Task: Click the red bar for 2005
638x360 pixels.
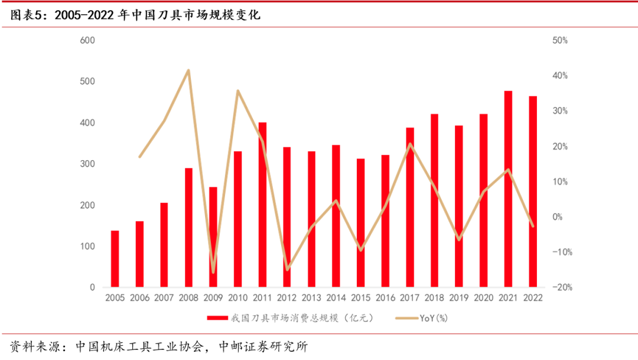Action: (115, 259)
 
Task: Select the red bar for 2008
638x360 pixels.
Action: (188, 228)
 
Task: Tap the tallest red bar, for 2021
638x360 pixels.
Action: (508, 189)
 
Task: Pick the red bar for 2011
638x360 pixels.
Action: (262, 205)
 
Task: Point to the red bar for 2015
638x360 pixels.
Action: (360, 223)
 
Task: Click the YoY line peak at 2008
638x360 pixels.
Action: (188, 70)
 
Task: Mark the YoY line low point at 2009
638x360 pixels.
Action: (213, 273)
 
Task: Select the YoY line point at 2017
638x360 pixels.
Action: (410, 144)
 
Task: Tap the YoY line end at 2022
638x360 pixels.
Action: (532, 226)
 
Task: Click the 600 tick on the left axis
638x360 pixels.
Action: (88, 40)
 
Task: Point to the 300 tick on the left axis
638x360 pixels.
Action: (88, 164)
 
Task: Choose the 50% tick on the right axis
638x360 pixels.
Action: (560, 40)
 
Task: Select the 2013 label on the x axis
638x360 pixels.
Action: (311, 298)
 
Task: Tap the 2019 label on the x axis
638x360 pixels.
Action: (459, 298)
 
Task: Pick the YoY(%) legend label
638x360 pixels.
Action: (434, 319)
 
